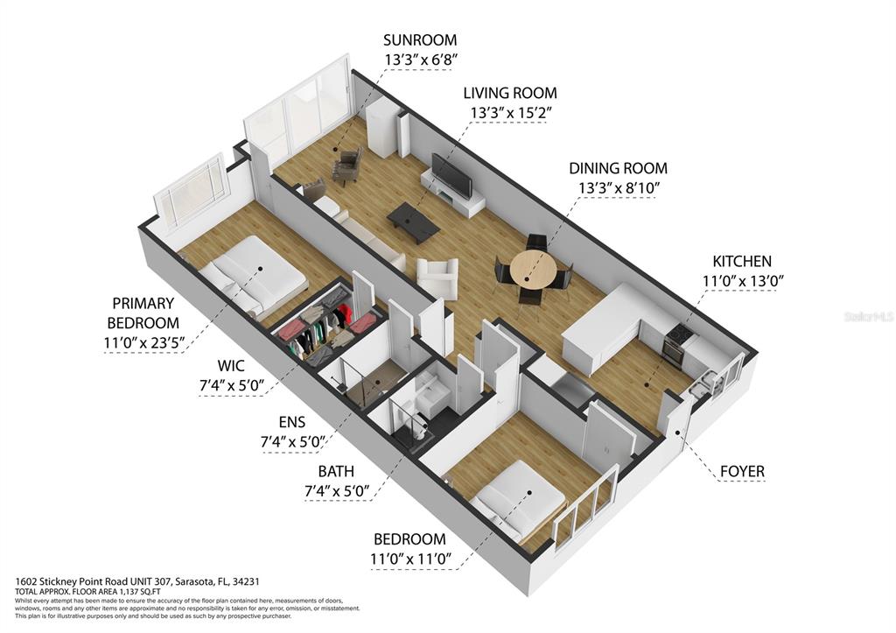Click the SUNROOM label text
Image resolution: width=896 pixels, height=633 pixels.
420,40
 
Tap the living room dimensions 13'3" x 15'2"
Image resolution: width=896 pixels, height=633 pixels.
510,112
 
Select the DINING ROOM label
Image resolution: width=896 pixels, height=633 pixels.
618,168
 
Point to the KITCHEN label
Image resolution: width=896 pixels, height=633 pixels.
742,261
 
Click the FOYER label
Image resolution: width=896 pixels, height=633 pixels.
741,471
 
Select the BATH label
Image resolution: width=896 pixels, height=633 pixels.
336,471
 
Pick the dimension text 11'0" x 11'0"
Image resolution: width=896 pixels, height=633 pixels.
409,559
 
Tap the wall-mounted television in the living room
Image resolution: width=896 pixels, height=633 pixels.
451,175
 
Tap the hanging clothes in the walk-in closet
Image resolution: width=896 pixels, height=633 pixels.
317,328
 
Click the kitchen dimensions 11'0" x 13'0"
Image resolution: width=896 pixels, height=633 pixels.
742,280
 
